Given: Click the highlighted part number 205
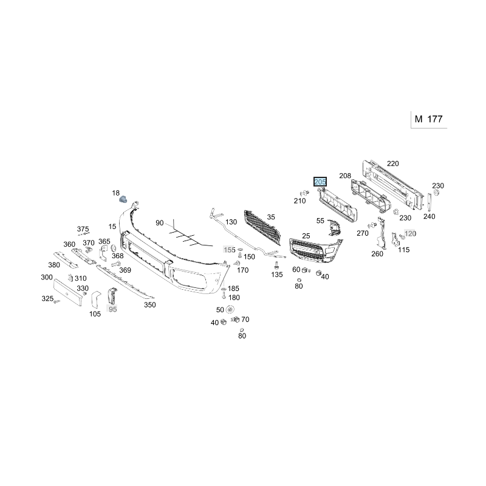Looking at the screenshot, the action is point(320,182).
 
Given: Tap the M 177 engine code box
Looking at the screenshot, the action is point(429,119).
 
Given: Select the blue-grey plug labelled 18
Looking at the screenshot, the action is point(123,199).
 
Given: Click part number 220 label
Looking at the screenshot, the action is point(392,163).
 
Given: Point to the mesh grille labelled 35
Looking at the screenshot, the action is point(262,226).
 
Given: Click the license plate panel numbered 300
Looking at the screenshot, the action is point(67,292).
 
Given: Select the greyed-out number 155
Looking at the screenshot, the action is point(230,250).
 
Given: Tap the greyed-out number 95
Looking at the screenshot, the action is point(112,309).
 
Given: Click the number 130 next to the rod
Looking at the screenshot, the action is point(231,222).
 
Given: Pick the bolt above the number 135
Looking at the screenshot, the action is point(276,265).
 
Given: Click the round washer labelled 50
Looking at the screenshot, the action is point(230,309).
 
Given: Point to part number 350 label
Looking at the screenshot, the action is point(149,305).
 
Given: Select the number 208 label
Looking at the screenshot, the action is point(345,176).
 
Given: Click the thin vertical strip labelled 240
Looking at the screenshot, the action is point(430,202).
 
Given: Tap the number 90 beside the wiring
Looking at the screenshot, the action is point(159,223).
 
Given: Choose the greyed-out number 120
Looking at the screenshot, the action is point(410,233).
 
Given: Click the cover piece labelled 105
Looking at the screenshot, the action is point(96,299).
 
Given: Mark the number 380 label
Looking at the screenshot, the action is point(54,265).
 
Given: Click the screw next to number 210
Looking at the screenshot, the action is point(305,193).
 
